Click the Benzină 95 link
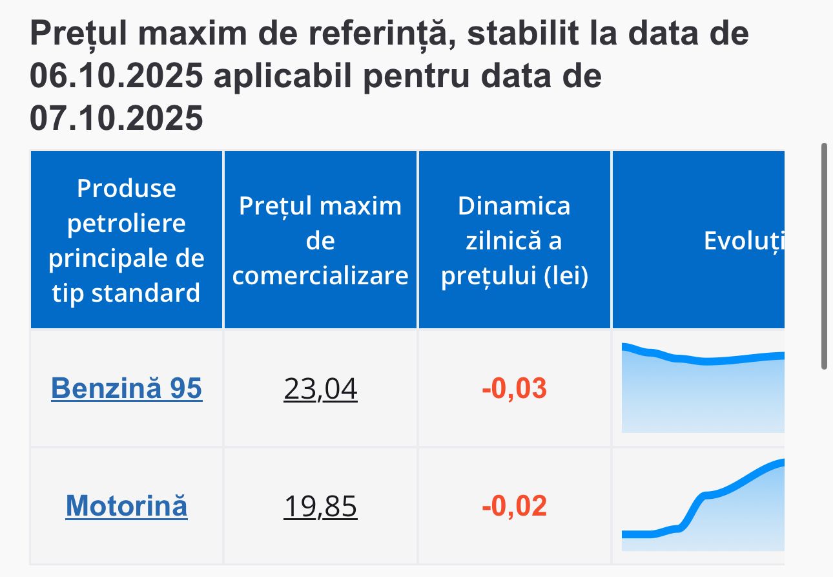coord(127,388)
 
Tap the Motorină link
coord(127,505)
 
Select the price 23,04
coord(320,389)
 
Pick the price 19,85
coord(320,506)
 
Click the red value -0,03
coord(514,389)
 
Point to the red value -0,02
coord(514,506)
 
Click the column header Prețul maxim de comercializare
coord(320,240)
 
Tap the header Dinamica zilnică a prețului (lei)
coord(514,240)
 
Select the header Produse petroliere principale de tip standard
coord(127,240)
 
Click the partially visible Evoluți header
coord(743,240)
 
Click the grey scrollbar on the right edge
coord(824,257)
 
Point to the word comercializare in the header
coord(320,276)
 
